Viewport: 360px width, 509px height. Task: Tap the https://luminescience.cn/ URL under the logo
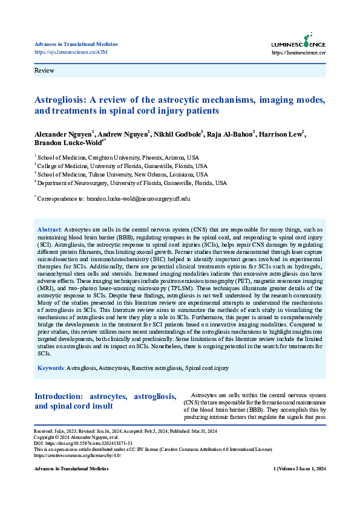[x=299, y=53]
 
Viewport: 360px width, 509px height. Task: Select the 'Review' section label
[x=44, y=71]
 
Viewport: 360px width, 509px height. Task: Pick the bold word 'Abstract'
[x=49, y=230]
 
